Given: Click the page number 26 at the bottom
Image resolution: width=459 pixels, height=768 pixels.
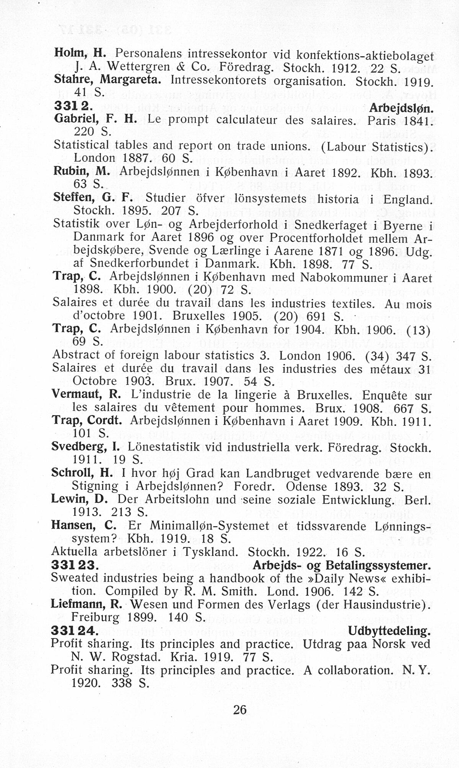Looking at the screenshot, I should (240, 710).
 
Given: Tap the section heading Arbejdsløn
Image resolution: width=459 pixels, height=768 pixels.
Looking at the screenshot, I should (402, 108).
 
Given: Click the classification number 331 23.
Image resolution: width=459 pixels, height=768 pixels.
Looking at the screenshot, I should (75, 565).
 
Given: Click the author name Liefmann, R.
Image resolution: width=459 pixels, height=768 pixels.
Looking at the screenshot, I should (86, 604).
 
